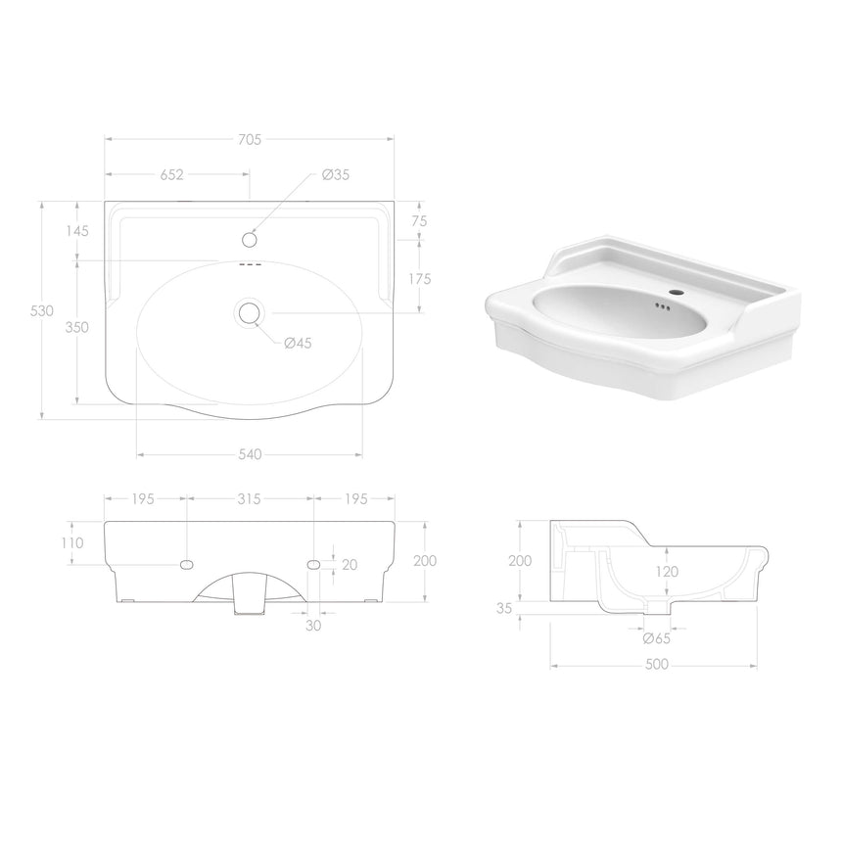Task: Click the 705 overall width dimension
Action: [249, 140]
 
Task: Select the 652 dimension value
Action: [170, 175]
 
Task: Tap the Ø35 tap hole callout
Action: [336, 175]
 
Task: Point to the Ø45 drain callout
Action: [298, 343]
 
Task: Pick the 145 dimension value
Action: [77, 231]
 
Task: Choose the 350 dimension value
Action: [77, 327]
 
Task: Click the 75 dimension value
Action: [419, 221]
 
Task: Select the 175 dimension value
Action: [419, 279]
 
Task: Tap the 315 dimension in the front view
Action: [249, 499]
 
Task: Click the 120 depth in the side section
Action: [666, 572]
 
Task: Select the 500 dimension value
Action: [655, 665]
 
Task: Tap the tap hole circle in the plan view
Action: [249, 239]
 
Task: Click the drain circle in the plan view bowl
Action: [249, 312]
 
